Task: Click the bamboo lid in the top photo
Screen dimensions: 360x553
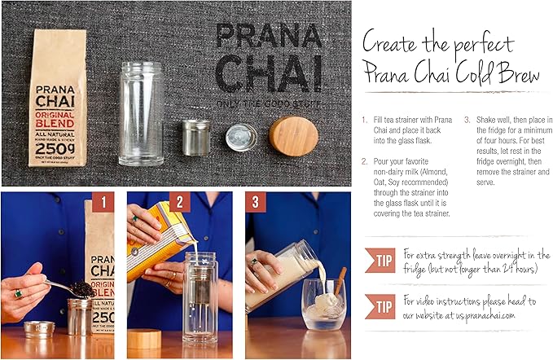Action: pyautogui.click(x=293, y=136)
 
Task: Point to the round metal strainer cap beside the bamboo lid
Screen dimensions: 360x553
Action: pyautogui.click(x=242, y=137)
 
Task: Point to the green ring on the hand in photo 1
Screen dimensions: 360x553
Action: pyautogui.click(x=17, y=293)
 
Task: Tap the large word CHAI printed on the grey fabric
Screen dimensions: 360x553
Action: pyautogui.click(x=263, y=73)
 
